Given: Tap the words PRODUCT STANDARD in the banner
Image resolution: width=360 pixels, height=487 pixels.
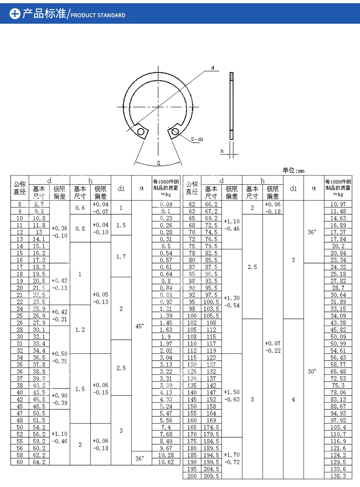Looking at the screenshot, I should pos(98,15).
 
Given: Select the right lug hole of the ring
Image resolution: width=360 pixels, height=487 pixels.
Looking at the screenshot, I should pos(174,133).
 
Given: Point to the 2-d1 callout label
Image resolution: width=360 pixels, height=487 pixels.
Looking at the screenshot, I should pos(197,139).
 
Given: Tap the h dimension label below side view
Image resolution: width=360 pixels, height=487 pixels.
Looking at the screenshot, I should pos(222,151).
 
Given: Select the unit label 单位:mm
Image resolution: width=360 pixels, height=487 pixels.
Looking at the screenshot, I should pos(293,171).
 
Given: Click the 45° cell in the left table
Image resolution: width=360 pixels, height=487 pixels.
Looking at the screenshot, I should pos(140,326).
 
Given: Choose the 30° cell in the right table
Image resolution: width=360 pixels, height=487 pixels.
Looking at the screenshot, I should pos(312,371).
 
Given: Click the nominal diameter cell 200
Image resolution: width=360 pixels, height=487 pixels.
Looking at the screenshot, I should pos(192,476).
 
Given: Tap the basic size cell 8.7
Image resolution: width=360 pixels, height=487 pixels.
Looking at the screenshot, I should pos(39,204).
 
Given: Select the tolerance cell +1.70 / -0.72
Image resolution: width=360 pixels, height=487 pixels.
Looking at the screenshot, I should pos(231,458).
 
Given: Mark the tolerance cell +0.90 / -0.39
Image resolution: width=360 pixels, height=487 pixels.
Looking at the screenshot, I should pos(59,399).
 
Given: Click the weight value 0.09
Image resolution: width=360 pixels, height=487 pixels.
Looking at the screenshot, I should pos(166,204).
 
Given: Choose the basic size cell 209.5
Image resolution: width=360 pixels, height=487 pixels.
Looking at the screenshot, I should pos(211,476).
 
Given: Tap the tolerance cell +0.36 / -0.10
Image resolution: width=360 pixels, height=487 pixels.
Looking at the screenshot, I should pos(59,232).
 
